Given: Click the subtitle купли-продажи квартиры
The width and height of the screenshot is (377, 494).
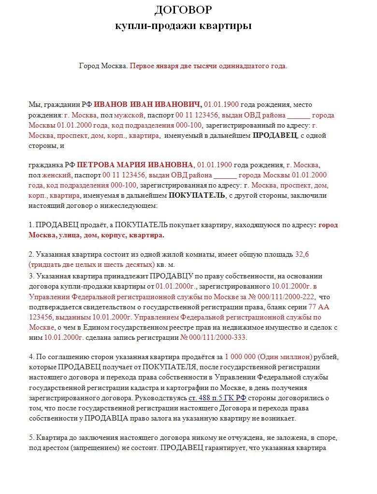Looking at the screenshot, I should click(183, 26).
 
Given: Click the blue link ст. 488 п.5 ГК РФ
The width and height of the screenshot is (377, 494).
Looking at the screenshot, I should click(217, 398).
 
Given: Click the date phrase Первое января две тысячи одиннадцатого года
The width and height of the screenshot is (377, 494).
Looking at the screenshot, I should click(208, 66).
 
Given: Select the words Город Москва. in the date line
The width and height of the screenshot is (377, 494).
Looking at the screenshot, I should click(103, 66).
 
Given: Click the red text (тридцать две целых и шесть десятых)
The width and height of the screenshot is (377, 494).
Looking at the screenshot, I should click(92, 264).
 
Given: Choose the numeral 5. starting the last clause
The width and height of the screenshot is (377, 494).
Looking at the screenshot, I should click(32, 437).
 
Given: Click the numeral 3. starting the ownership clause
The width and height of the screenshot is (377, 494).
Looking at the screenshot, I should click(32, 276).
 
